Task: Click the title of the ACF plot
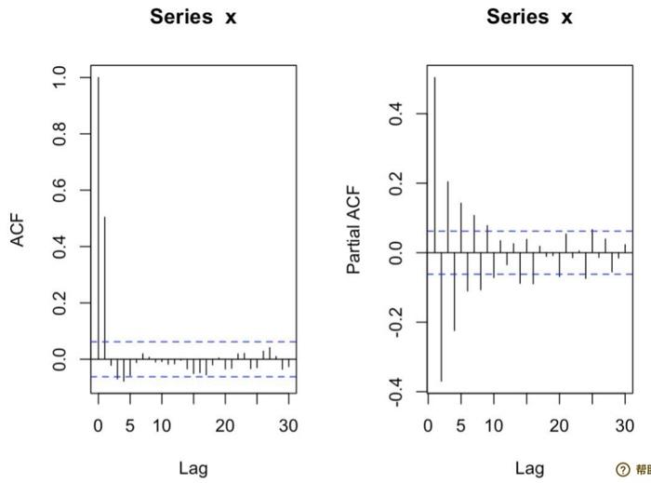pyautogui.click(x=193, y=18)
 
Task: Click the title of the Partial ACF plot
pyautogui.click(x=530, y=18)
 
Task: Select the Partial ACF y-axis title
pyautogui.click(x=354, y=229)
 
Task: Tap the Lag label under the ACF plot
pyautogui.click(x=193, y=467)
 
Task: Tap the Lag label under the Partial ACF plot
pyautogui.click(x=530, y=467)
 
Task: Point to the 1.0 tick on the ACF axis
pyautogui.click(x=60, y=78)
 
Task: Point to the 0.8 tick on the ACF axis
pyautogui.click(x=60, y=134)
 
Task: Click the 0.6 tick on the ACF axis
pyautogui.click(x=60, y=191)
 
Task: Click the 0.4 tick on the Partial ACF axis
pyautogui.click(x=396, y=114)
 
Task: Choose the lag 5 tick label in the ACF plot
pyautogui.click(x=130, y=426)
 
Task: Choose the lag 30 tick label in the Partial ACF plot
pyautogui.click(x=624, y=426)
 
